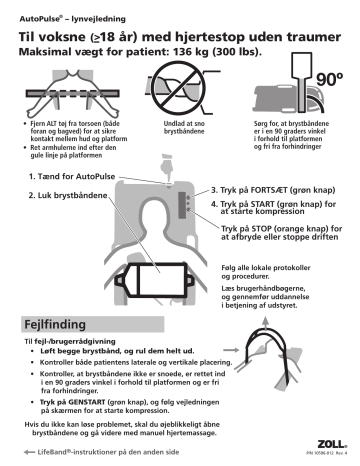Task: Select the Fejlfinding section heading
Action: click(61, 326)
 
